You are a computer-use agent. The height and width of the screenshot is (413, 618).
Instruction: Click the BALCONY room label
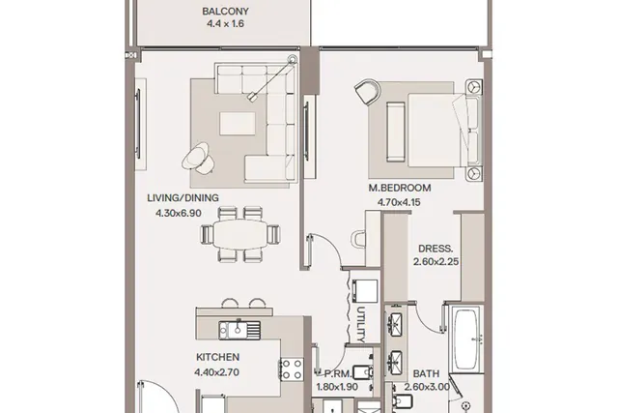(x=225, y=11)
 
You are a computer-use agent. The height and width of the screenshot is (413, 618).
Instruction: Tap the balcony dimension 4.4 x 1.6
(x=225, y=23)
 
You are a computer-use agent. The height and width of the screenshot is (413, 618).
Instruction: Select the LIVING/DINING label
(x=183, y=198)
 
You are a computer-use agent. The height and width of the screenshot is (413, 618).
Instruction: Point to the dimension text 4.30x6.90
(x=179, y=213)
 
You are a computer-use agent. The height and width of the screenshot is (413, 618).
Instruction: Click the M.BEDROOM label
(x=400, y=188)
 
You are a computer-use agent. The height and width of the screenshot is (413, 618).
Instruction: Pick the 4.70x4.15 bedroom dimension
(x=399, y=202)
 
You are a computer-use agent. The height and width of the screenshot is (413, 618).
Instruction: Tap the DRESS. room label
(x=435, y=249)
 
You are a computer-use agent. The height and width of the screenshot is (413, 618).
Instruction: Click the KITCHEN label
(x=217, y=357)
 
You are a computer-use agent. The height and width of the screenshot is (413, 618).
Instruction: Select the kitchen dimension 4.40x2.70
(x=216, y=372)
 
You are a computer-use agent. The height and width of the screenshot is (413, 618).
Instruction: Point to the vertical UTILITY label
(x=361, y=325)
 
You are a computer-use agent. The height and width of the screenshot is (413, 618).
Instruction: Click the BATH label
(x=426, y=373)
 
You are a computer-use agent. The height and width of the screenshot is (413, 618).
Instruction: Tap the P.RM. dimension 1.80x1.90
(x=337, y=387)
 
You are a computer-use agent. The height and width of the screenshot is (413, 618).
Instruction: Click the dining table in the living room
(x=240, y=234)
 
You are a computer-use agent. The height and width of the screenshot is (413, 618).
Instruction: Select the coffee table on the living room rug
(x=238, y=124)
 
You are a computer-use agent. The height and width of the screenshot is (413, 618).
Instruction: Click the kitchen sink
(x=239, y=330)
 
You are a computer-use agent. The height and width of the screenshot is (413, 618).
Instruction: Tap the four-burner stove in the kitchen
(x=292, y=369)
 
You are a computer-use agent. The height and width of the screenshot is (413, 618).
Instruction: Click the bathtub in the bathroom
(x=466, y=339)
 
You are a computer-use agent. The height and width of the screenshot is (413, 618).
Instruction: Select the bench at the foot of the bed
(x=395, y=132)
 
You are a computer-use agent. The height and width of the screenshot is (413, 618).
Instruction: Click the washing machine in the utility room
(x=365, y=291)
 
